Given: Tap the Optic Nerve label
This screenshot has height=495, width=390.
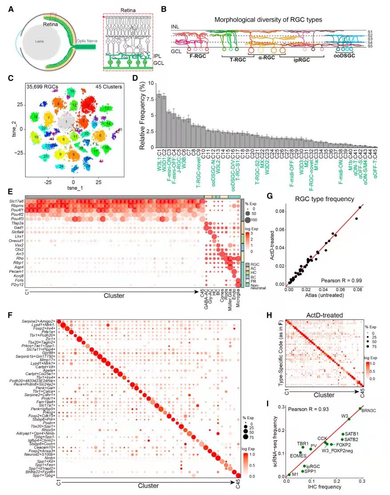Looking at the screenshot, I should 89,40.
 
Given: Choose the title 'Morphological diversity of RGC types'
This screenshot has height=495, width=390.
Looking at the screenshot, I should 268,20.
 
